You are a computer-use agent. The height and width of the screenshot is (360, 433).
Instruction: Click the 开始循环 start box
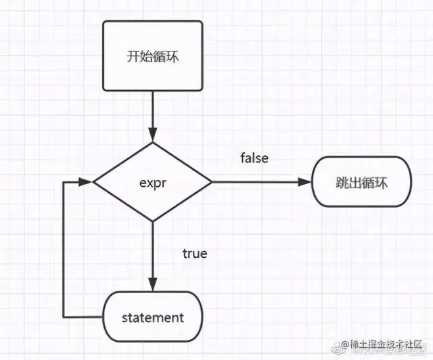tap(152, 55)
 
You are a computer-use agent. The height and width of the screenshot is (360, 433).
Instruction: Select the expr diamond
tap(152, 181)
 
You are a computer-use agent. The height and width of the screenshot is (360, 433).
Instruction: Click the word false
tap(254, 158)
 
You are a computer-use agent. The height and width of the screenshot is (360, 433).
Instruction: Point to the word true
tap(195, 254)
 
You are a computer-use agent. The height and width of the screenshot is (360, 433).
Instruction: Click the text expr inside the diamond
tap(152, 182)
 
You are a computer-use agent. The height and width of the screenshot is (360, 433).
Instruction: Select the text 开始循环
tap(152, 56)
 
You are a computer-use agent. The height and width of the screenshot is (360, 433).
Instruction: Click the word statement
tap(152, 317)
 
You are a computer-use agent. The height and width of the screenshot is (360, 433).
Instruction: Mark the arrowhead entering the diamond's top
tap(152, 136)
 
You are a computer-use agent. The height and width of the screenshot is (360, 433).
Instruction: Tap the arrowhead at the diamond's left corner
tap(86, 181)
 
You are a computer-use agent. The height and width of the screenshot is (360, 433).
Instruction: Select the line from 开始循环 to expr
tap(152, 112)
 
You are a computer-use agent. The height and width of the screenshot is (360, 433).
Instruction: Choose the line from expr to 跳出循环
tap(257, 181)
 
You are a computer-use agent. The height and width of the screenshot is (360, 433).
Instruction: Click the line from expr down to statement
tap(152, 250)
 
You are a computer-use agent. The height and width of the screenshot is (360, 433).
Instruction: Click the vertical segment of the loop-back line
tap(63, 250)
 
